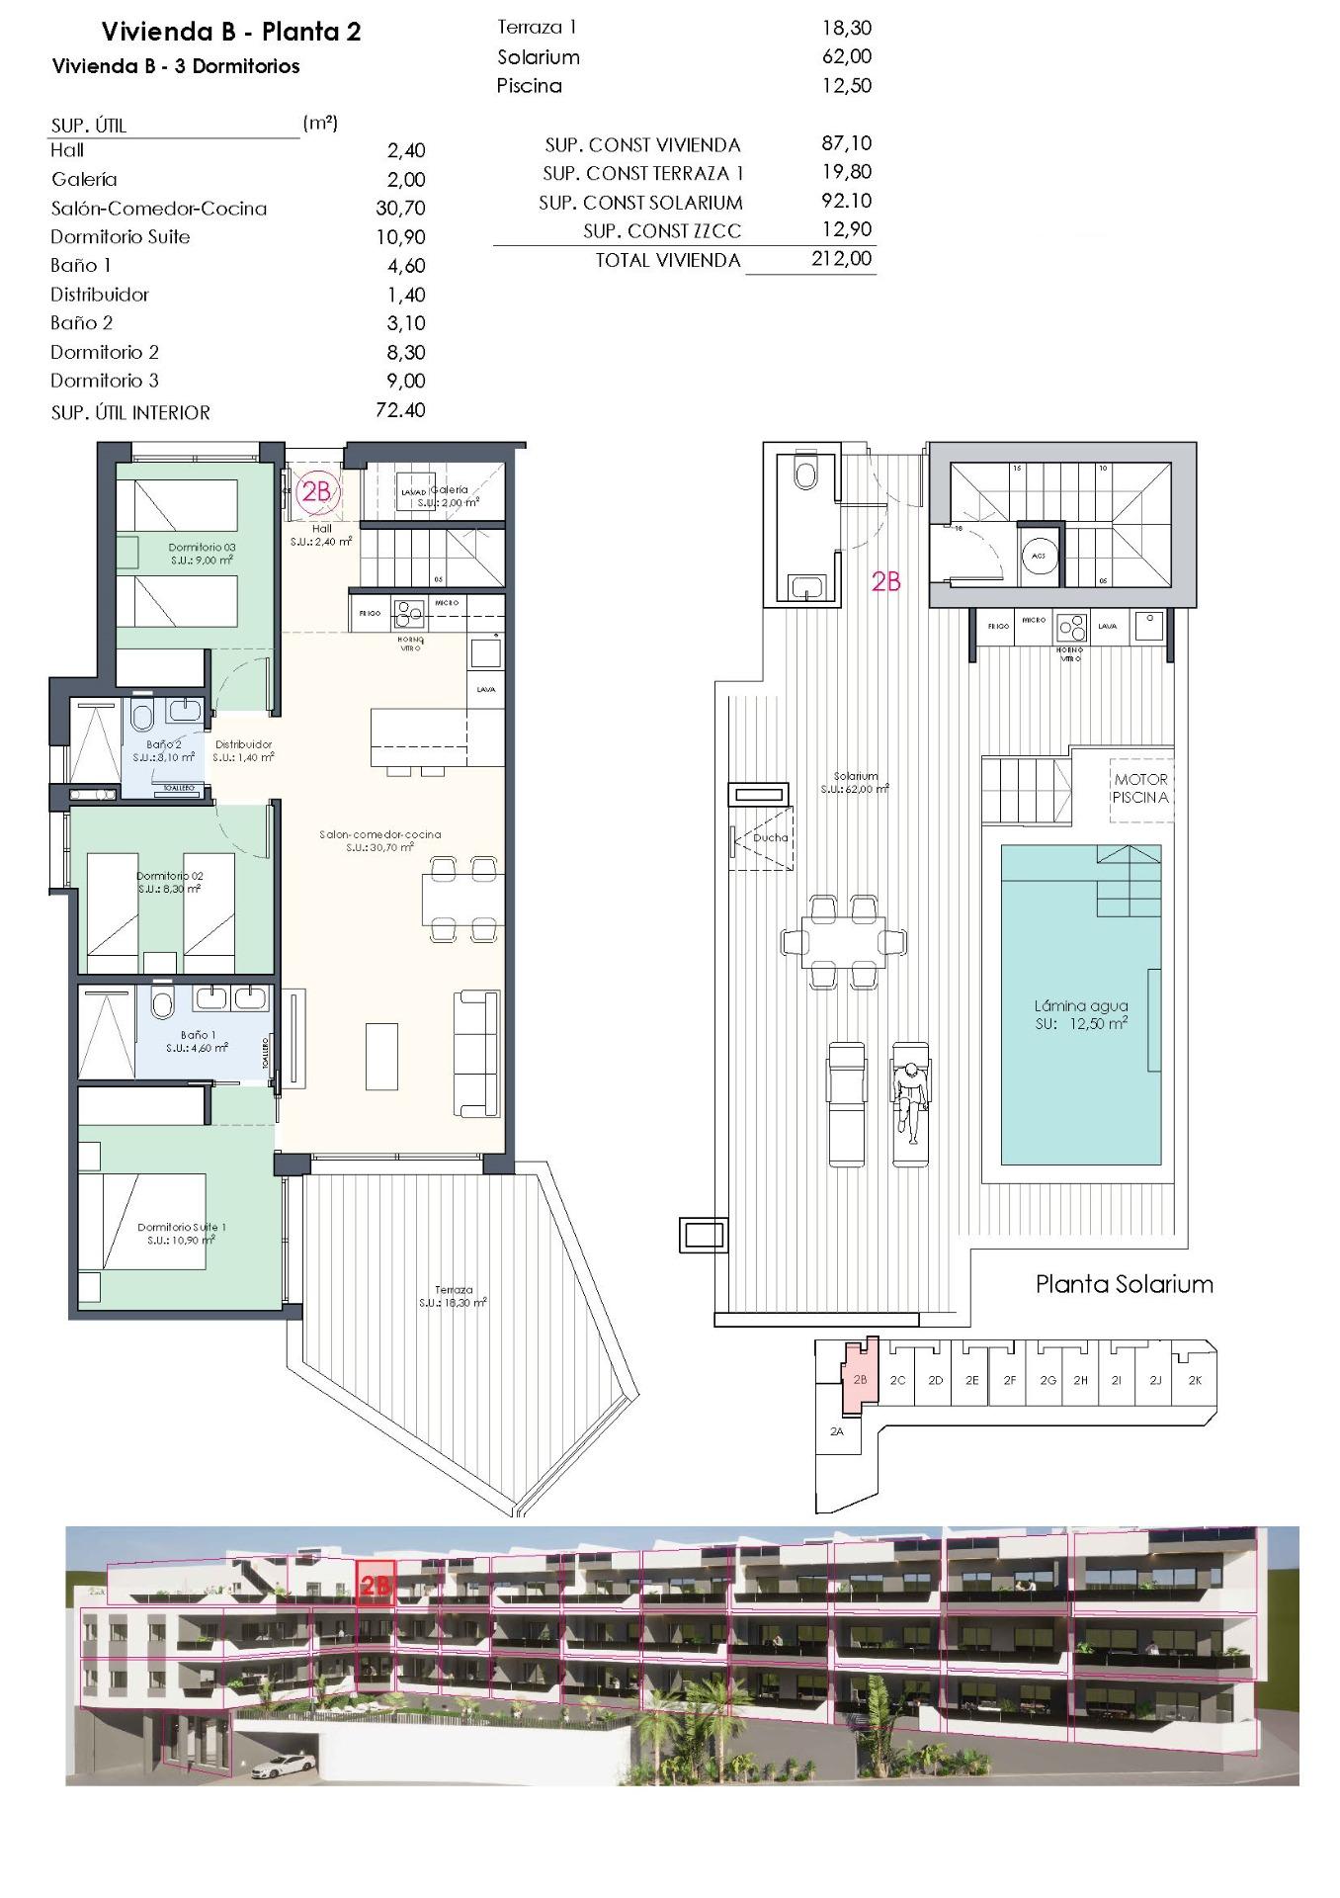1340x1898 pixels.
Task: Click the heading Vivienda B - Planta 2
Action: (x=231, y=32)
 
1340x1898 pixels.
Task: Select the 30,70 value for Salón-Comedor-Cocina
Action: (x=400, y=208)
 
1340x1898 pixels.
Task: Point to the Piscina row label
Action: (x=529, y=86)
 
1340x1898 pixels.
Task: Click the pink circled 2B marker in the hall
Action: (x=314, y=491)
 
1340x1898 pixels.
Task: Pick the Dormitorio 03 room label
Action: (x=202, y=548)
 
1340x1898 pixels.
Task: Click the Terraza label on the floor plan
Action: (x=454, y=1289)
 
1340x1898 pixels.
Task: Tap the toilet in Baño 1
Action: (x=161, y=1004)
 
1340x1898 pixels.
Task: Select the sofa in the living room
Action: (x=476, y=1054)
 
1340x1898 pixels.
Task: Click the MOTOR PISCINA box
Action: (x=1140, y=789)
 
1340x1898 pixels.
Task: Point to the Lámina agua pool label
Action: (x=1080, y=1006)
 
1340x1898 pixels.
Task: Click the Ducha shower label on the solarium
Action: (x=770, y=837)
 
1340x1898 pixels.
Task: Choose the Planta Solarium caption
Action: (x=1124, y=1284)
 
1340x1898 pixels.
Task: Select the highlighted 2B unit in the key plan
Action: (x=859, y=1379)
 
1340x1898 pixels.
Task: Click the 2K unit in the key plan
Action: (x=1195, y=1380)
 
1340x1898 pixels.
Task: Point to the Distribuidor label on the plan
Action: (x=243, y=744)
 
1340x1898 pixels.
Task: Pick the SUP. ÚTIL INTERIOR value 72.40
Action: (x=400, y=410)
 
